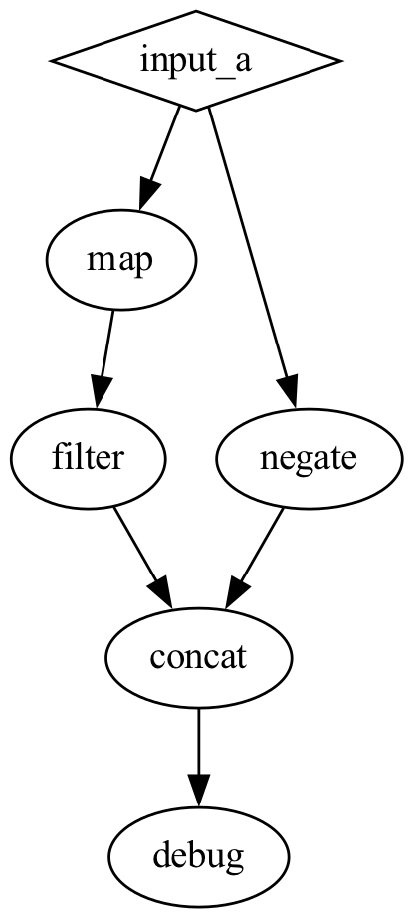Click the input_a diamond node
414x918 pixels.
click(196, 61)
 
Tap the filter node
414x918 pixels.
click(88, 459)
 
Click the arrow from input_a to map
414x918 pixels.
click(161, 155)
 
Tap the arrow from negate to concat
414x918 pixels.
click(257, 554)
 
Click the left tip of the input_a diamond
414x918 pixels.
click(53, 61)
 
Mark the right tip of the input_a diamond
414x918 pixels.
click(339, 61)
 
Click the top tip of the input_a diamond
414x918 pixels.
click(196, 13)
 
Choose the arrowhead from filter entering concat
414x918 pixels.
click(161, 593)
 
